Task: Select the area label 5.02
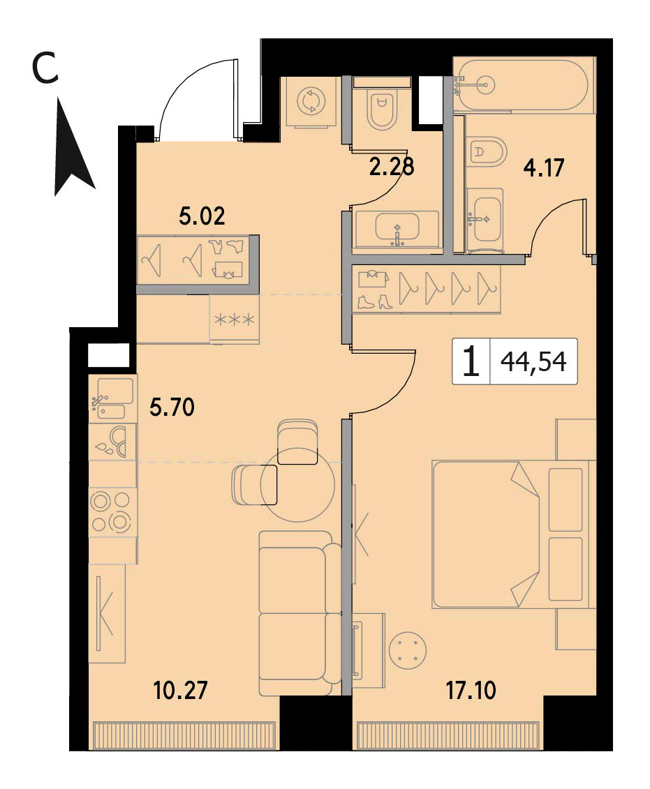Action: pos(202,216)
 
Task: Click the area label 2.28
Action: pos(392,167)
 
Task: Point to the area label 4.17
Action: pos(544,167)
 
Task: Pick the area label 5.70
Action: pos(172,407)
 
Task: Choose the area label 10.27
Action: pos(180,691)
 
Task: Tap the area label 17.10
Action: pos(471,691)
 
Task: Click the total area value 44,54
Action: pos(533,362)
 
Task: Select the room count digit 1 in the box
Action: pos(471,362)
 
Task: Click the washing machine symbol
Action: pos(311,101)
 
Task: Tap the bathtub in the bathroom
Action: pos(524,84)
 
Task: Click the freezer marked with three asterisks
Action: pos(235,320)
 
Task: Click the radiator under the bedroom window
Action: pos(448,736)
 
